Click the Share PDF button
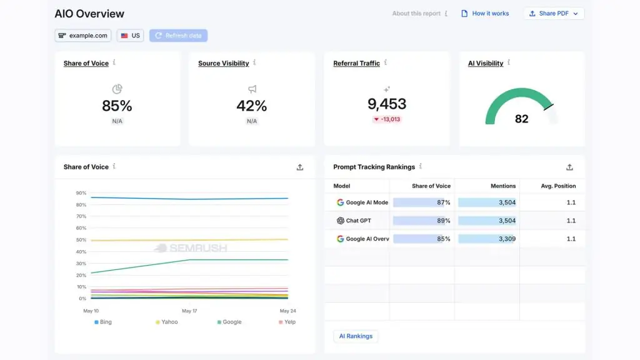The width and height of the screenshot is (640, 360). [554, 14]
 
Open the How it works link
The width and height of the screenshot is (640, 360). [485, 14]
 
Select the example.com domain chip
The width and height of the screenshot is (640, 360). [83, 36]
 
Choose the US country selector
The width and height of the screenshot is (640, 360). [130, 36]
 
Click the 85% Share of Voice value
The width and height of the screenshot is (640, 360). [117, 106]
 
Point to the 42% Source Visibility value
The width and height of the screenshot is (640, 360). [252, 106]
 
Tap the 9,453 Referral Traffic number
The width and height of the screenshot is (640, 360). [387, 104]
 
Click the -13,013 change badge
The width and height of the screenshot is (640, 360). [387, 119]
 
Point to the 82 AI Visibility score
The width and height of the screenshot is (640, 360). [522, 119]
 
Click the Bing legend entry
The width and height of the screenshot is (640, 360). [103, 322]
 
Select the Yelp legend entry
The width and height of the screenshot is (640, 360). [287, 322]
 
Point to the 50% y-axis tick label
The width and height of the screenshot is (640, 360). [81, 240]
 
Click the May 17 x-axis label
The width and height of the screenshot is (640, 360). [189, 311]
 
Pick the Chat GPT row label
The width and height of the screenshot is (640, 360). [354, 221]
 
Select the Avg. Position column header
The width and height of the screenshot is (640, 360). [558, 186]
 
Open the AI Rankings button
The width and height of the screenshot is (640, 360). [356, 336]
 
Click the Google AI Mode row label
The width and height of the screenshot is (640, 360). [362, 202]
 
